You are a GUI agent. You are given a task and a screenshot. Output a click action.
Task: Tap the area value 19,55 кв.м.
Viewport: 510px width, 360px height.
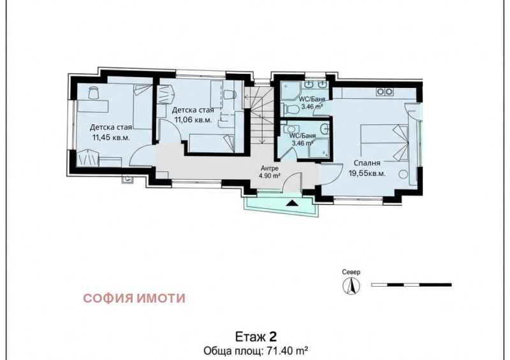(x=367, y=173)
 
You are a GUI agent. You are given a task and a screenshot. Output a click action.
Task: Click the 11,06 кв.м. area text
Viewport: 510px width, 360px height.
(x=192, y=119)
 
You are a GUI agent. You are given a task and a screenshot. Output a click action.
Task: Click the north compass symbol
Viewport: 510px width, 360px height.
(x=351, y=284)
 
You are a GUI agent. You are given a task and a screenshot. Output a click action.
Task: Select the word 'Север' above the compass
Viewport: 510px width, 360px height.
(x=351, y=272)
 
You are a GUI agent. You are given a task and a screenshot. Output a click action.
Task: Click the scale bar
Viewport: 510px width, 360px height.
(x=411, y=284)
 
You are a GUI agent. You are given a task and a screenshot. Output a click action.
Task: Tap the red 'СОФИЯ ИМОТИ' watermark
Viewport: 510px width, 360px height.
(x=135, y=298)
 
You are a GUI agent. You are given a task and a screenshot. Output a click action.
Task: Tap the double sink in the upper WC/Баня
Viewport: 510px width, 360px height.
(x=316, y=85)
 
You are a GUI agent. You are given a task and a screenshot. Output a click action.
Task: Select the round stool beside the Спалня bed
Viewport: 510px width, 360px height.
(x=403, y=175)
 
